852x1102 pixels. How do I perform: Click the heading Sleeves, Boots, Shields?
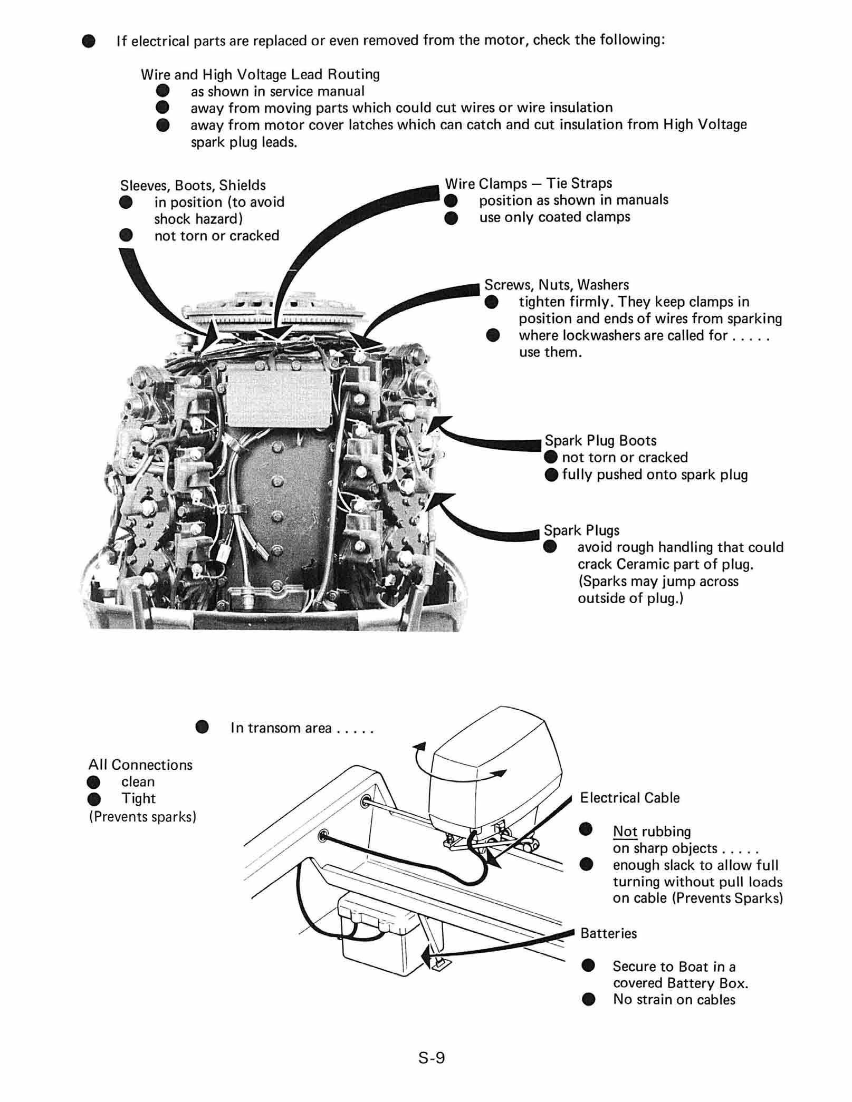(193, 186)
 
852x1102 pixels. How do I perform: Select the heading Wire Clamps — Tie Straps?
(528, 183)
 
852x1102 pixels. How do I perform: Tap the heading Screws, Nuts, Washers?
(557, 285)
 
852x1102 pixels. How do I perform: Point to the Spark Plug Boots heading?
(600, 441)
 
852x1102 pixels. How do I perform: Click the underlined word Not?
(625, 832)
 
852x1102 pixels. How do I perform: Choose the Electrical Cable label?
(629, 798)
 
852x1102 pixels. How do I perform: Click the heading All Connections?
(140, 765)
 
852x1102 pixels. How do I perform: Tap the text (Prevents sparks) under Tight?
(142, 817)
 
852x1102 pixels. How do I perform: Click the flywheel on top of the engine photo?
(274, 311)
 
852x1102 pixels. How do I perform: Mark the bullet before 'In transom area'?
(202, 728)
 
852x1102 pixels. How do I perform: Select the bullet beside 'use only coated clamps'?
(451, 218)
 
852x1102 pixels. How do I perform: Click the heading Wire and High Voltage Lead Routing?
(260, 74)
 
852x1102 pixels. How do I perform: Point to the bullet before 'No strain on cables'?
(588, 1000)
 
